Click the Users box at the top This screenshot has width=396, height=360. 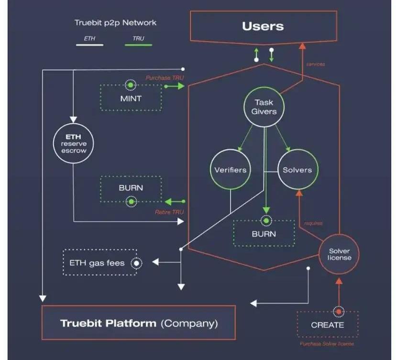tap(263, 26)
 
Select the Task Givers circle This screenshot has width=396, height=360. tap(264, 107)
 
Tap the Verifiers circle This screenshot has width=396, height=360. tap(231, 170)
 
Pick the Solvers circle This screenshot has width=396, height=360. tap(297, 170)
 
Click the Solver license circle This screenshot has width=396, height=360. tap(340, 254)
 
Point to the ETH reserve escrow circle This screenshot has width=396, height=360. tap(73, 143)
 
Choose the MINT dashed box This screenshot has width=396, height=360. tap(131, 98)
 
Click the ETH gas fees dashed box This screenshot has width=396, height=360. tap(99, 262)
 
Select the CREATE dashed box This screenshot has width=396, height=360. tap(327, 325)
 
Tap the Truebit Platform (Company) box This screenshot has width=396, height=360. tap(139, 323)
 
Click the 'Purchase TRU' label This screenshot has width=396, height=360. tap(165, 77)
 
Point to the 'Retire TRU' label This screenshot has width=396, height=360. tap(170, 211)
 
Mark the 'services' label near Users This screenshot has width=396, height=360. tap(315, 64)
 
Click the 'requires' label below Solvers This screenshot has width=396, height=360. tap(313, 223)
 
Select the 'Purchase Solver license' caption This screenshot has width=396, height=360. tap(327, 344)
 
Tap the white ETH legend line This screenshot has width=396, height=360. tap(89, 45)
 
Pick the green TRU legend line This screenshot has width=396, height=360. tap(138, 45)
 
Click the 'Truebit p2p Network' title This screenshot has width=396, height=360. tap(115, 22)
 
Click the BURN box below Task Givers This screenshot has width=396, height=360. tap(264, 234)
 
